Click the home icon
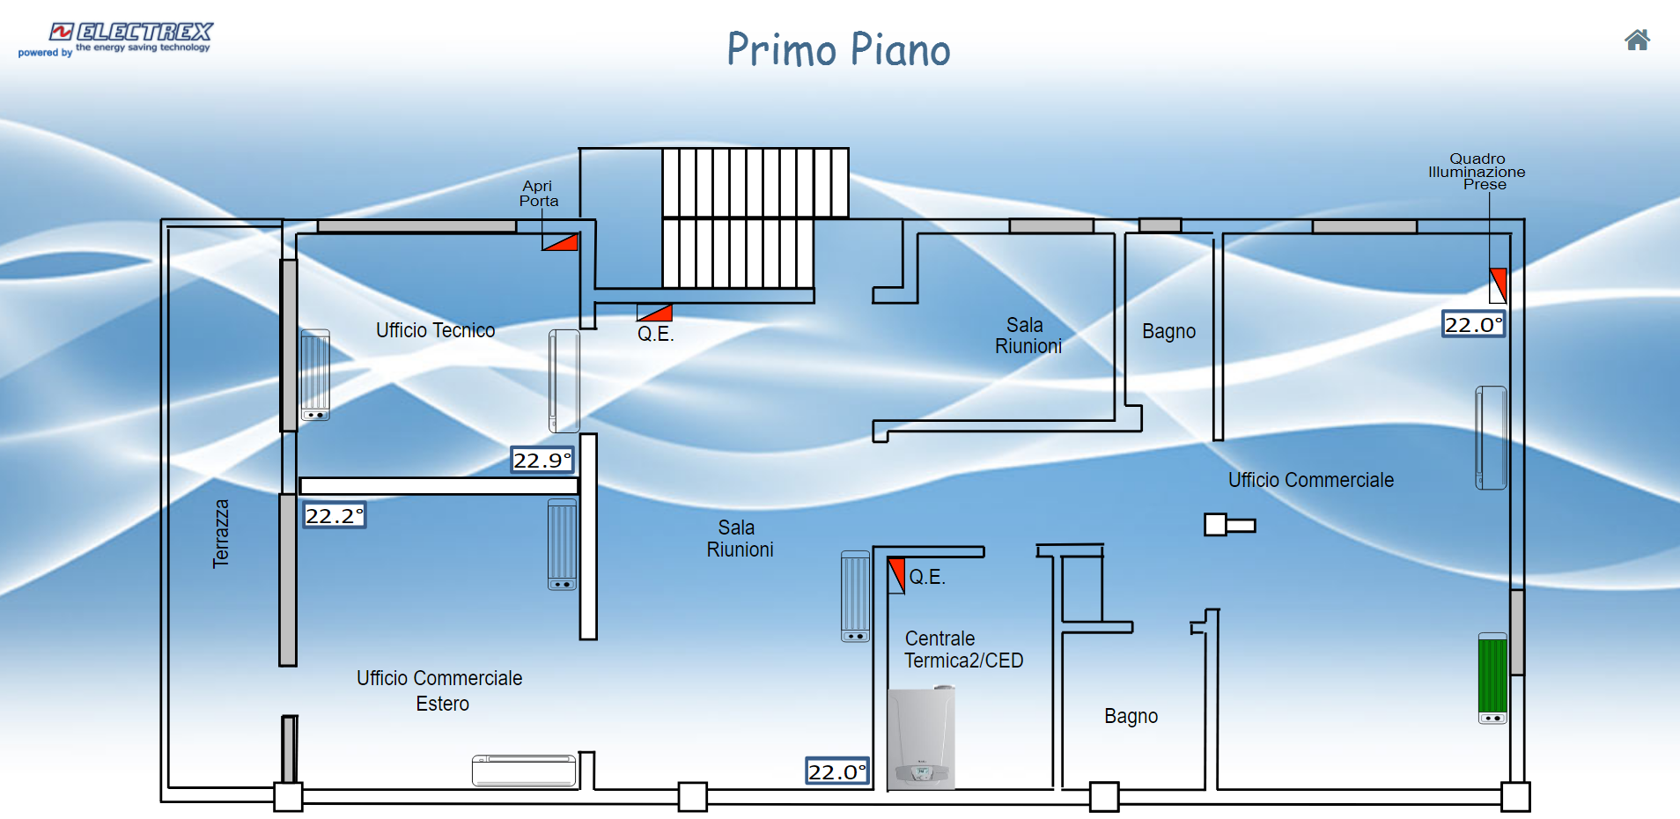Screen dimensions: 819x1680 1637,40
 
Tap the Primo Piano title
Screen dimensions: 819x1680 838,49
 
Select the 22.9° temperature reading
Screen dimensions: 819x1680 542,460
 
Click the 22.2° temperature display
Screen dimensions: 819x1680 334,515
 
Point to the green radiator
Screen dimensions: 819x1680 1492,677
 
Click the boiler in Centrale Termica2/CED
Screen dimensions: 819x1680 921,738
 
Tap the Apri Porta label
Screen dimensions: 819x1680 538,194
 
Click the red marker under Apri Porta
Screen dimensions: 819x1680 560,242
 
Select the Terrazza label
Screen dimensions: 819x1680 221,534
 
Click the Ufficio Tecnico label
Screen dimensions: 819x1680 435,330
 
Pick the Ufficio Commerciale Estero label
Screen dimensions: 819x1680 439,690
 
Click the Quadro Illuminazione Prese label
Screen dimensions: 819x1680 1477,172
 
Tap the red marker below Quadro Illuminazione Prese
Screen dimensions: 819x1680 1498,285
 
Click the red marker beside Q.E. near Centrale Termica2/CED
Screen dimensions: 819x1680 896,575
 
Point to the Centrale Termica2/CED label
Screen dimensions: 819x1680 963,649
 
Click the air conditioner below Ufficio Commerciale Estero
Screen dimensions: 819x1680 524,771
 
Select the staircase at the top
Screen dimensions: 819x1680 755,217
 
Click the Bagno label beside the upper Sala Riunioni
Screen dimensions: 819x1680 1168,331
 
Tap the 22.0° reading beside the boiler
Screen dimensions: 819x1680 837,771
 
